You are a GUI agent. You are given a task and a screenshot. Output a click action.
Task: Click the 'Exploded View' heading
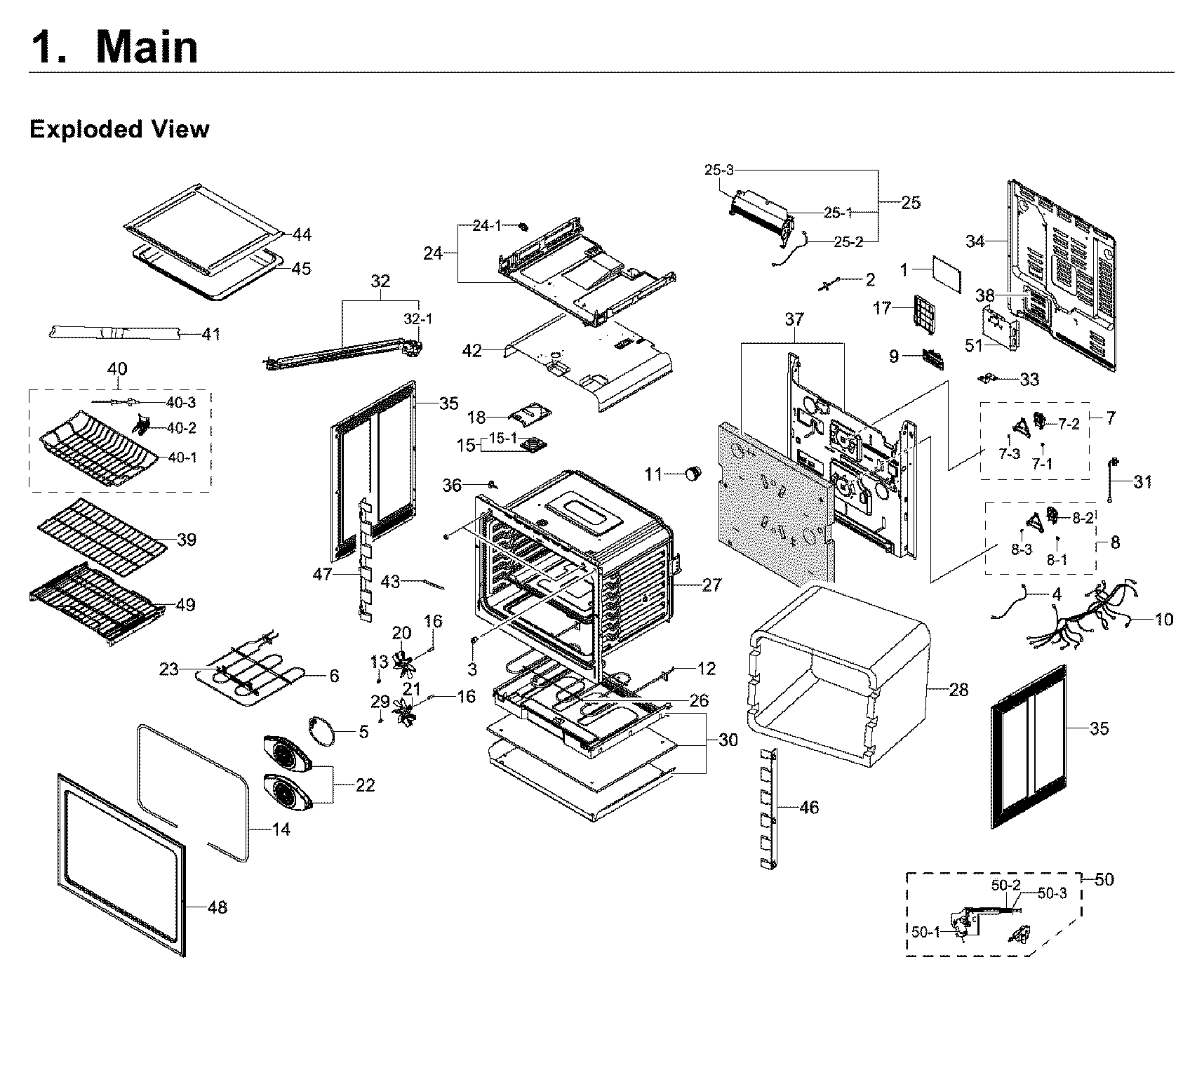[x=119, y=130]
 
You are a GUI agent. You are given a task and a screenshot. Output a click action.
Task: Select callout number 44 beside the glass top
[x=302, y=234]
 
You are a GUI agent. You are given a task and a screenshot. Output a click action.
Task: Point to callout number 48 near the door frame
[x=218, y=907]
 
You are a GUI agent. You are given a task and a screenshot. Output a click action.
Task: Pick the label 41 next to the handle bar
[x=210, y=334]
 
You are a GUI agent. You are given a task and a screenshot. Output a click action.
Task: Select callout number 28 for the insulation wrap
[x=958, y=690]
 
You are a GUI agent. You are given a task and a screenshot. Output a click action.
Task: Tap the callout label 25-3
[x=719, y=170]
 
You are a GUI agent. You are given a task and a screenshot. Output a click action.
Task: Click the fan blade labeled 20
[x=402, y=660]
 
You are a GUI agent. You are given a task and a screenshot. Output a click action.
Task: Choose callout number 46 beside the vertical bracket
[x=809, y=808]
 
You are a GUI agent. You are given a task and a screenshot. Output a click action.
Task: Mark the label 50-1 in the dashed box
[x=926, y=932]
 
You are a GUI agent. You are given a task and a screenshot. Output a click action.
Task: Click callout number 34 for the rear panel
[x=975, y=242]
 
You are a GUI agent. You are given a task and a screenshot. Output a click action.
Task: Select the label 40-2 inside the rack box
[x=181, y=428]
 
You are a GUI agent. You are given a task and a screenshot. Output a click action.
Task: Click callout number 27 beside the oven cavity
[x=711, y=585]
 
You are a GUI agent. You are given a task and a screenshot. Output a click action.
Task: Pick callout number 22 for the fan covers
[x=365, y=785]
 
